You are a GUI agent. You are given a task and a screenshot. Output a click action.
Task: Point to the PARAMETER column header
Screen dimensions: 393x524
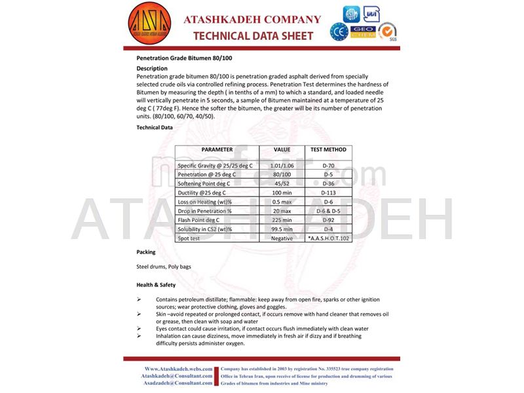coord(217,149)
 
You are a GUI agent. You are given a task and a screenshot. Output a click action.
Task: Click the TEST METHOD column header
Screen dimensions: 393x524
coord(328,149)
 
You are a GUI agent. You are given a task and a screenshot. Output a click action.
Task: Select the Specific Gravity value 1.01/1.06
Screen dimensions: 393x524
coord(282,166)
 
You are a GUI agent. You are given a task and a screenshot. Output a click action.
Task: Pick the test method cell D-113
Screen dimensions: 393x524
coord(328,193)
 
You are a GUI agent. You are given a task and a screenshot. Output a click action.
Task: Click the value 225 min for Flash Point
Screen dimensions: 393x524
coord(282,220)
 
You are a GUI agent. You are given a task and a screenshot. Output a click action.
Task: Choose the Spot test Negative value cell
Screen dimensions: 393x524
coord(282,238)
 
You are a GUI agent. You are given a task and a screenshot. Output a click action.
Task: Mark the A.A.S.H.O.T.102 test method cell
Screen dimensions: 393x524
coord(329,238)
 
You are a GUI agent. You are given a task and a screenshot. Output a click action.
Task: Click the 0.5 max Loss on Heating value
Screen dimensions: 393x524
coord(282,202)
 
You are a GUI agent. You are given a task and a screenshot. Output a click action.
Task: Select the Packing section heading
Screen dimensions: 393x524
coord(145,252)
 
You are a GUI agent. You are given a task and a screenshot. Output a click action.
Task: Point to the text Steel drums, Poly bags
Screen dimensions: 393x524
coord(161,267)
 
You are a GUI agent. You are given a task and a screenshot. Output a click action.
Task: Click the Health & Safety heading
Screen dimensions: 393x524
coord(156,285)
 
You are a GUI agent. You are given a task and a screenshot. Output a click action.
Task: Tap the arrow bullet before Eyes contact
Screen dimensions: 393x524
coord(139,329)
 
